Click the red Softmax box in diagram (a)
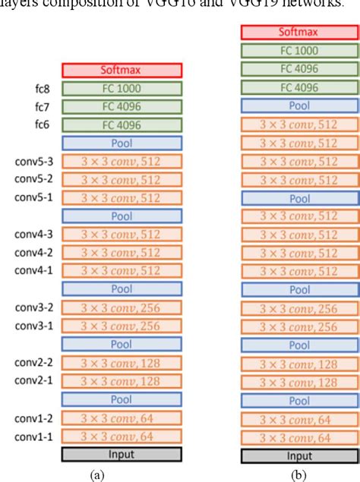tap(122, 71)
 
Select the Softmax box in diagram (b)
tap(299, 33)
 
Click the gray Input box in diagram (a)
tap(122, 454)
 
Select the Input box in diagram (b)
tap(299, 456)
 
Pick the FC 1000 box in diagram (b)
tap(299, 51)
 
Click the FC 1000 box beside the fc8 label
tap(122, 89)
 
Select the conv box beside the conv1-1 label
tap(122, 436)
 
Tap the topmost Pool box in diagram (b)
tap(299, 106)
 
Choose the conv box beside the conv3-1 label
tap(122, 326)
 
